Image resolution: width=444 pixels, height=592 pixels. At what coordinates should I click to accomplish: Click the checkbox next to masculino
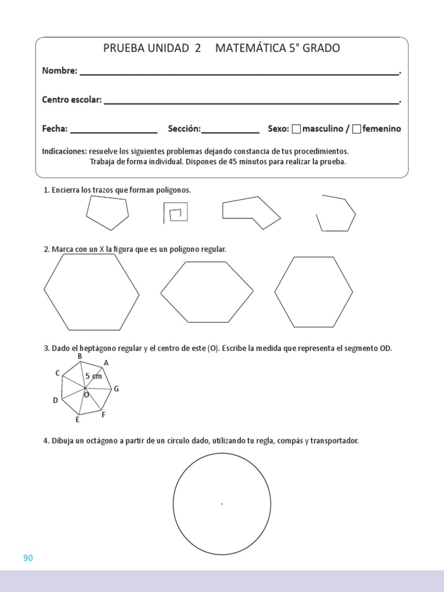[x=297, y=129]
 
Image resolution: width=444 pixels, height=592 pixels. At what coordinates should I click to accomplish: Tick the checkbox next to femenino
[x=357, y=129]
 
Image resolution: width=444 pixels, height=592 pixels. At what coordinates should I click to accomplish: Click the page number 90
[x=28, y=558]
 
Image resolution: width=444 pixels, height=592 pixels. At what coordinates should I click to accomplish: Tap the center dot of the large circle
[x=222, y=504]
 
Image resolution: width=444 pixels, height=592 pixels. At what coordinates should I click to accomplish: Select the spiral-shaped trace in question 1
[x=175, y=213]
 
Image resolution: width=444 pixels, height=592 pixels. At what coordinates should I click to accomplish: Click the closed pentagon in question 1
[x=107, y=213]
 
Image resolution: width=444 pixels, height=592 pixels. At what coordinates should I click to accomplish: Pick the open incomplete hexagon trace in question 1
[x=336, y=214]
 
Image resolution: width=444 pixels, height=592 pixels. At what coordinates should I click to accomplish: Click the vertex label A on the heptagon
[x=106, y=363]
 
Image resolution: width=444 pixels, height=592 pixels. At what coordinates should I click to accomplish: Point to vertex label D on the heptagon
[x=55, y=400]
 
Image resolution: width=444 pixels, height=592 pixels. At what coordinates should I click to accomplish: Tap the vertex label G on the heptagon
[x=116, y=389]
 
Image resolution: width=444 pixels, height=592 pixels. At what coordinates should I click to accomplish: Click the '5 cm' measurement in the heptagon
[x=93, y=376]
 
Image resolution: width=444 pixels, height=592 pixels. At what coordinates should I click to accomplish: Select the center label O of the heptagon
[x=87, y=395]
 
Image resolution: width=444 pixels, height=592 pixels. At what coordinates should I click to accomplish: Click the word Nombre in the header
[x=59, y=71]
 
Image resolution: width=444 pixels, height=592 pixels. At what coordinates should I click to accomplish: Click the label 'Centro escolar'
[x=72, y=100]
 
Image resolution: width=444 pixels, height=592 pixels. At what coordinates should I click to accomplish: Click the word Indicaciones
[x=64, y=151]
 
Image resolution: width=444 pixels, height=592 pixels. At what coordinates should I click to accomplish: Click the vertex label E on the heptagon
[x=77, y=420]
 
